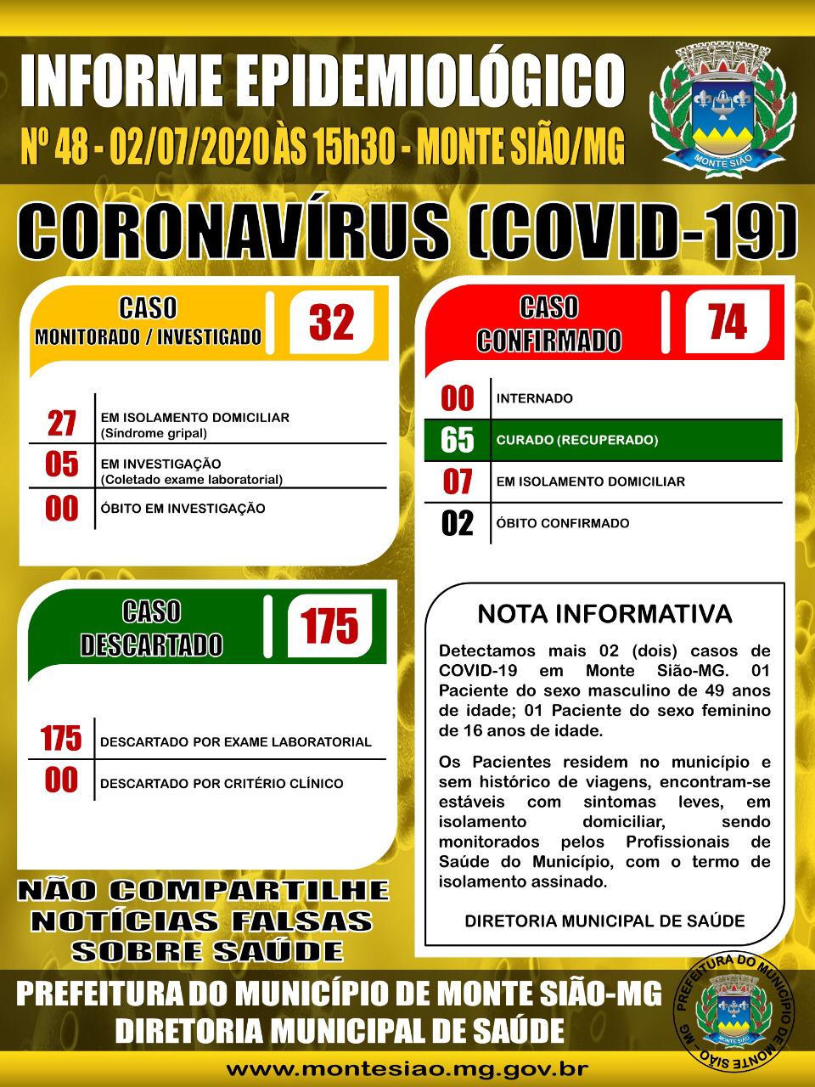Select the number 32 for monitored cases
pyautogui.click(x=331, y=323)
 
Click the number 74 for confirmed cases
pyautogui.click(x=727, y=323)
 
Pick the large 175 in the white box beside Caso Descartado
pyautogui.click(x=329, y=626)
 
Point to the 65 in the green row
pyautogui.click(x=458, y=440)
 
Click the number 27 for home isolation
pyautogui.click(x=62, y=423)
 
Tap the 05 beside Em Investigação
pyautogui.click(x=62, y=465)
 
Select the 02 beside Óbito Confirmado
pyautogui.click(x=458, y=523)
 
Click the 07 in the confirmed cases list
pyautogui.click(x=458, y=482)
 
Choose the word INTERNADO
pyautogui.click(x=534, y=398)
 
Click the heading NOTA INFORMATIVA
pyautogui.click(x=604, y=613)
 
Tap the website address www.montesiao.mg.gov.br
pyautogui.click(x=407, y=1068)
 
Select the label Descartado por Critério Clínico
pyautogui.click(x=222, y=783)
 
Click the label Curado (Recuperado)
pyautogui.click(x=577, y=440)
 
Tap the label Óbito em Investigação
pyautogui.click(x=183, y=509)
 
